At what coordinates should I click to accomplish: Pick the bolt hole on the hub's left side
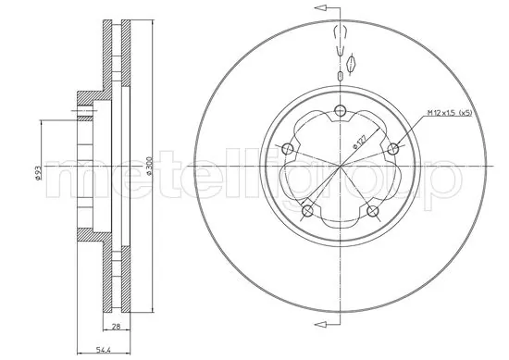point(287,150)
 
